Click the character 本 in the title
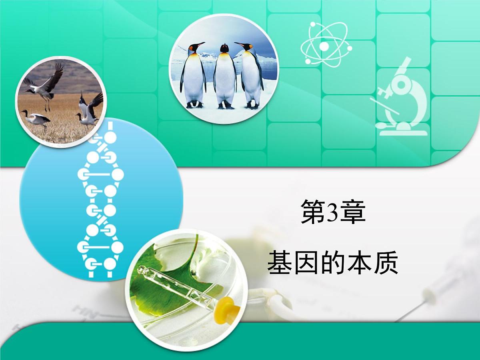click(x=359, y=263)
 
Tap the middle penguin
click(x=225, y=76)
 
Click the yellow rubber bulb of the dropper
click(x=226, y=309)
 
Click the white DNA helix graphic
click(x=100, y=204)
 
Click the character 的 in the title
click(x=333, y=263)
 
